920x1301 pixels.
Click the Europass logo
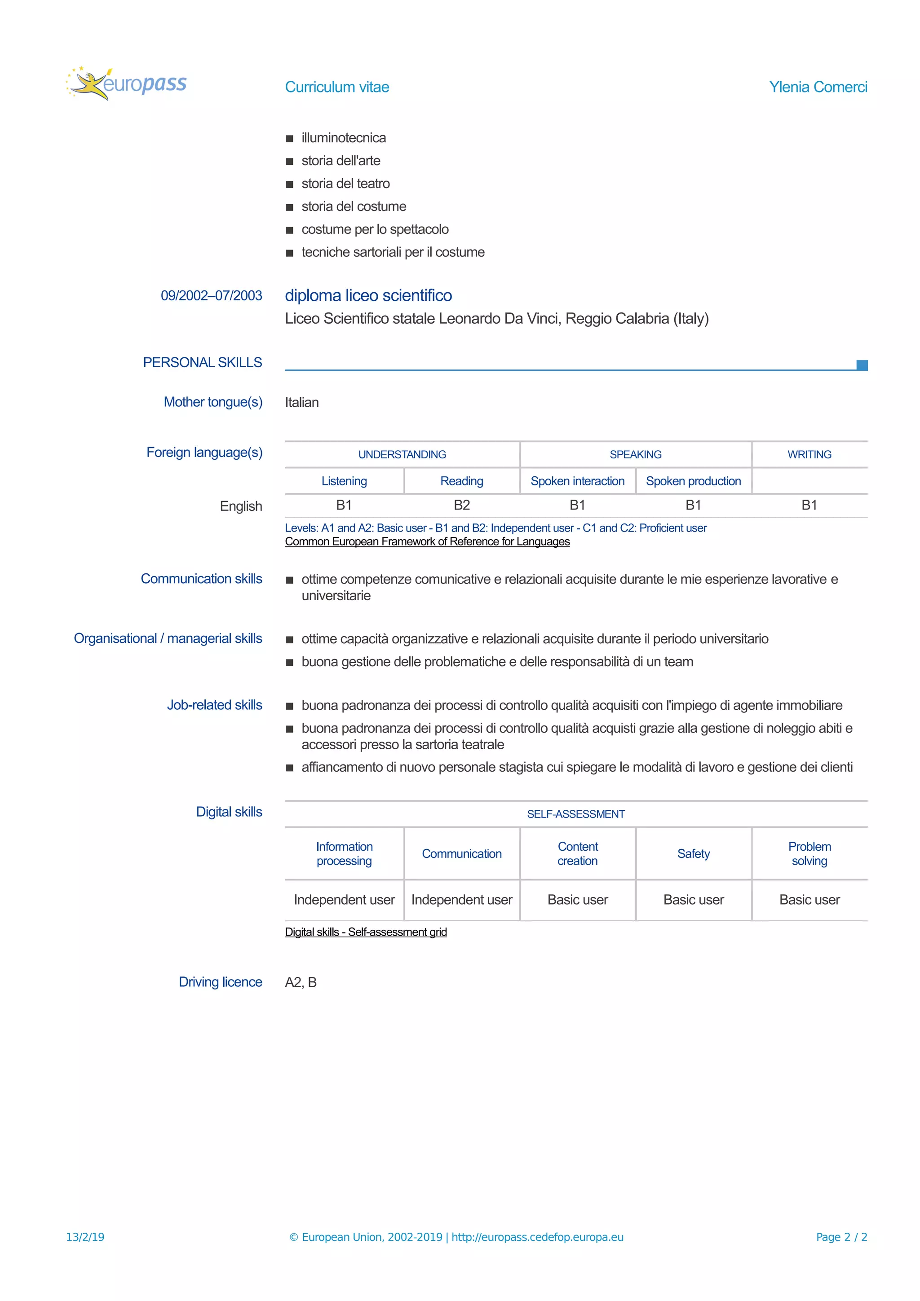126,84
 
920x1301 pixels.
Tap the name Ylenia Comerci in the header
818,87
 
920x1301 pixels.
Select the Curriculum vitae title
337,87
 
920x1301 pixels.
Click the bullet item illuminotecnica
344,138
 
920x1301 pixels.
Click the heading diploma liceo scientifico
368,295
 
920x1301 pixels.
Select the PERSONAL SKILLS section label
202,362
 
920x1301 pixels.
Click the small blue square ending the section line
862,365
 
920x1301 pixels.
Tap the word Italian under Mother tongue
301,402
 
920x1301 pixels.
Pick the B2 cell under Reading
461,505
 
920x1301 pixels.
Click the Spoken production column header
693,481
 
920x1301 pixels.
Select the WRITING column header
809,454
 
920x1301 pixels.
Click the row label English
241,506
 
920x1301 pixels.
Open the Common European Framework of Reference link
427,542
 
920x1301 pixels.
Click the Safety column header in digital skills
693,853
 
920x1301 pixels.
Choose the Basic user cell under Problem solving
809,900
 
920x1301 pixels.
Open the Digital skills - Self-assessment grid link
366,932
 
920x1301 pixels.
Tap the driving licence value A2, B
301,982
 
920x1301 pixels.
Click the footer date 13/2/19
85,1237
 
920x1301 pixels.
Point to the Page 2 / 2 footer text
841,1237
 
